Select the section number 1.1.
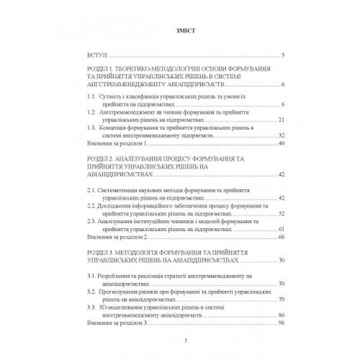point(92,96)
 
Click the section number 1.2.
point(92,112)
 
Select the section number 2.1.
point(92,190)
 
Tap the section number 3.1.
point(92,275)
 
